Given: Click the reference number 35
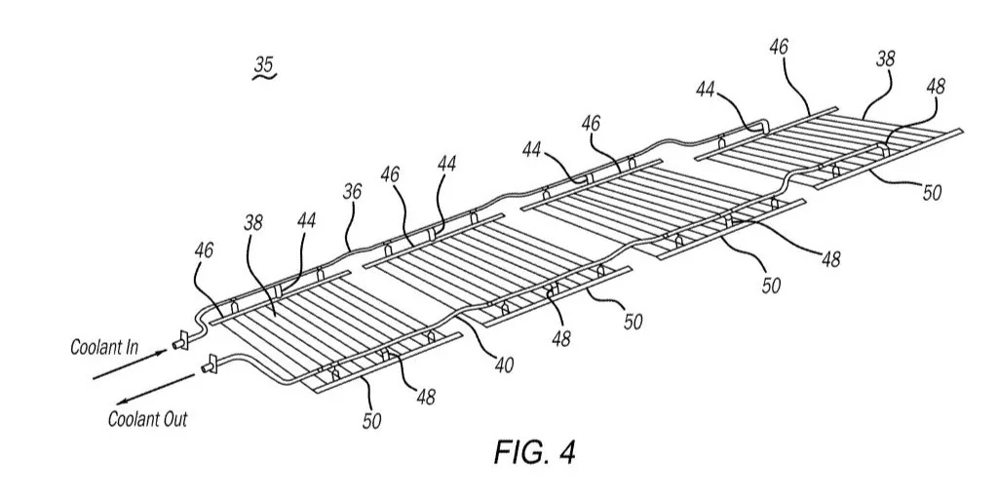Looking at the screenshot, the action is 264,64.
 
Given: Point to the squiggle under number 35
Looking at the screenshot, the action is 265,76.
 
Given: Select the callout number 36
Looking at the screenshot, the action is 353,192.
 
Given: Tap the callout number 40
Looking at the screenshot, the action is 503,366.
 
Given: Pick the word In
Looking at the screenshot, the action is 132,348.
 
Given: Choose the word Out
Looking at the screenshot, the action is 174,419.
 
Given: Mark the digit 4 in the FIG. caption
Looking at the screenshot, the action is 566,452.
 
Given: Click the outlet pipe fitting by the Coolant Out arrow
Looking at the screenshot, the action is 209,366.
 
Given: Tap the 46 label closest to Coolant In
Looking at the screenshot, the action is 205,250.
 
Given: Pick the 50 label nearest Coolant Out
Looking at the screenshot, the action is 371,421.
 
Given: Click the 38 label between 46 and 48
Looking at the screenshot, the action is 885,59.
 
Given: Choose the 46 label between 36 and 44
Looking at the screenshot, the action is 391,174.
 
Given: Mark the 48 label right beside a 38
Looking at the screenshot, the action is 935,86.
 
